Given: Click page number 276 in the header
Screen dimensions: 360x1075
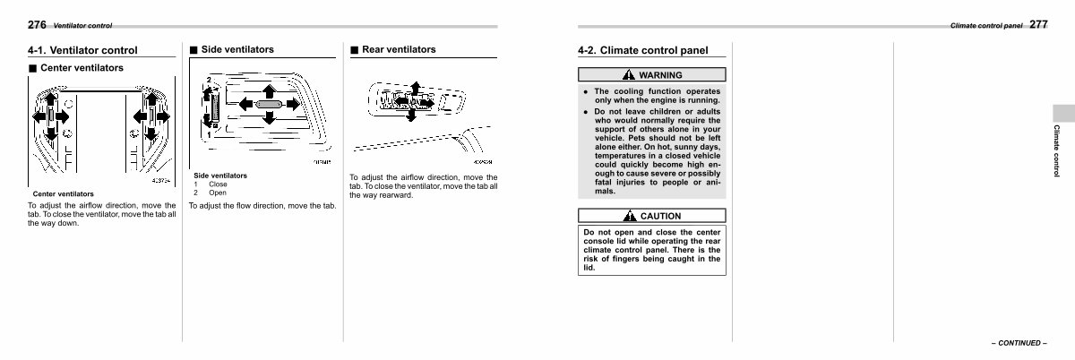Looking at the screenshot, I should point(38,24).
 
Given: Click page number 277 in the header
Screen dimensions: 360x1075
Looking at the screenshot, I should point(1038,24).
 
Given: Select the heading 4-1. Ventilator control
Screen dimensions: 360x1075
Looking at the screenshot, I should point(82,50).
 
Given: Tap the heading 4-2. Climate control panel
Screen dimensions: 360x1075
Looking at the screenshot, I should point(642,50).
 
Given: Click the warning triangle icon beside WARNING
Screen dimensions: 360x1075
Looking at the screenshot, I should point(631,75).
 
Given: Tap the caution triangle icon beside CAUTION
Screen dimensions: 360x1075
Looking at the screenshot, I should point(631,216).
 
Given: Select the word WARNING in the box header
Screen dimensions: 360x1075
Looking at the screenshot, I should point(660,75).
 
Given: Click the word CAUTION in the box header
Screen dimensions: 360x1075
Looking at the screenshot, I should point(660,216).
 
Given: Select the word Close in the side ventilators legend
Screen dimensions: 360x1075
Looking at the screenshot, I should point(218,184).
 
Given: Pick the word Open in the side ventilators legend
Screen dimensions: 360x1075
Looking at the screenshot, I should point(218,193).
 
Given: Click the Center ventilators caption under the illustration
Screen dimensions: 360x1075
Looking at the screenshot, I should point(63,193).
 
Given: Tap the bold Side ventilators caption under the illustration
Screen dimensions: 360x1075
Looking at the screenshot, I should point(220,176).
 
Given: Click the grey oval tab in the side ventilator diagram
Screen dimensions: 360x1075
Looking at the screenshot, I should point(268,105).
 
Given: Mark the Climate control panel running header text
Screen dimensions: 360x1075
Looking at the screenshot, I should point(985,26).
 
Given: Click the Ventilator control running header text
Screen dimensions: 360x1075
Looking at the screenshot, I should point(82,26).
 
